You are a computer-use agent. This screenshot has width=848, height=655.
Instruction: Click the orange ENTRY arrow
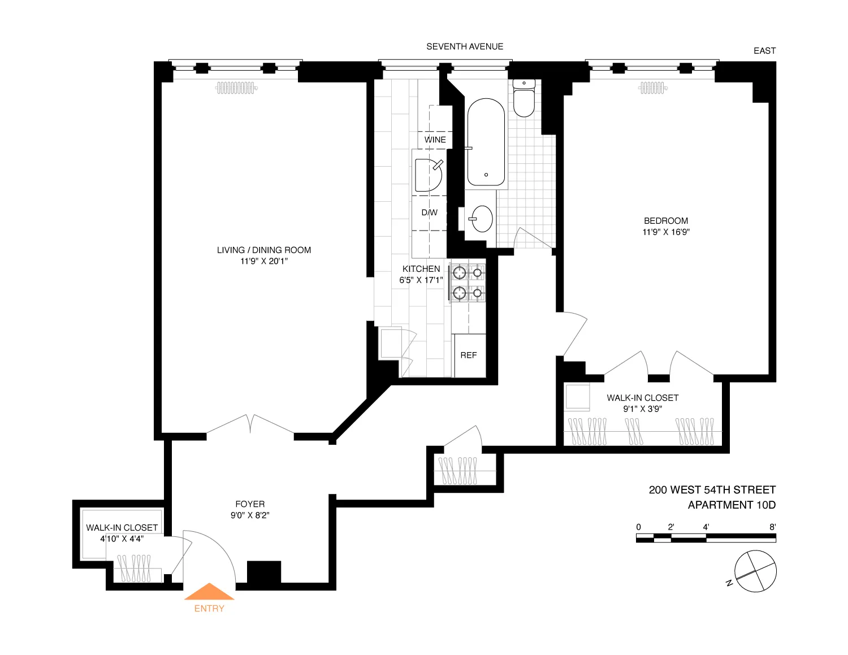(x=209, y=592)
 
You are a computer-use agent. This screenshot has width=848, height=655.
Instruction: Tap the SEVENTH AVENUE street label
(x=465, y=46)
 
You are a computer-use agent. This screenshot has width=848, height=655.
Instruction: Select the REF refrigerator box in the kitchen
(x=469, y=355)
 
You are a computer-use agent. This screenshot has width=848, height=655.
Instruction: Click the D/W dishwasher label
(x=429, y=212)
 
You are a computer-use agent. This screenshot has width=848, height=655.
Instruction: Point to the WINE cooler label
(x=435, y=140)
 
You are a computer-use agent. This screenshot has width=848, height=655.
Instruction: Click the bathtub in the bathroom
(x=486, y=142)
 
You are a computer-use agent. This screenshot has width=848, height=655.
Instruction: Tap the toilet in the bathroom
(x=524, y=98)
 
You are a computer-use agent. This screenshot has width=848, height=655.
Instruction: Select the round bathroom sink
(x=482, y=219)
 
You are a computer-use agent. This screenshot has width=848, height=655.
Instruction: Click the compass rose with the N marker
(x=755, y=571)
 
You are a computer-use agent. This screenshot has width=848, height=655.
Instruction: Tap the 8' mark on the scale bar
(x=772, y=527)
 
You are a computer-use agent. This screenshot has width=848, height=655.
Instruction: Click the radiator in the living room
(x=236, y=88)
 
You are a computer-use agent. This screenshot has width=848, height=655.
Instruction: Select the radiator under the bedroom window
(x=653, y=88)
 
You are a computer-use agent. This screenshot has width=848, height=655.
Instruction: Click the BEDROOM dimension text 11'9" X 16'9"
(x=666, y=232)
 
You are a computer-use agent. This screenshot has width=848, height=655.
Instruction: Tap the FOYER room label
(x=250, y=504)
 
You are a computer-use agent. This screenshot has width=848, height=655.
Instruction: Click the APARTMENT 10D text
(x=732, y=505)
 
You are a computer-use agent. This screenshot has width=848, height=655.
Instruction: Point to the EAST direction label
(x=764, y=51)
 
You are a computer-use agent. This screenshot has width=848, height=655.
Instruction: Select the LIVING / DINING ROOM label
(x=264, y=250)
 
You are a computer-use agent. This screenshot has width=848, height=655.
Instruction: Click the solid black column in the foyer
(x=264, y=572)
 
